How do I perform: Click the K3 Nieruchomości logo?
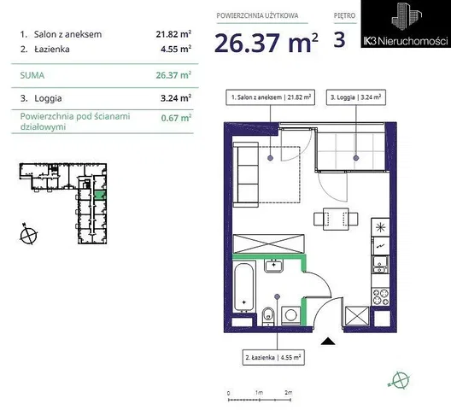point(406,24)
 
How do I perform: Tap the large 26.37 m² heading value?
point(266,43)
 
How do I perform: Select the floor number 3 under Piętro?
point(339,39)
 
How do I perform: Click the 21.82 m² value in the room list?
point(173,34)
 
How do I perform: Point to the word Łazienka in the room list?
point(52,50)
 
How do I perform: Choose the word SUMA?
point(32,75)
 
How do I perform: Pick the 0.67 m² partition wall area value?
point(176,118)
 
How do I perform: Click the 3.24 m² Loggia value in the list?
point(176,98)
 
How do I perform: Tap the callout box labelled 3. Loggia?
point(356,97)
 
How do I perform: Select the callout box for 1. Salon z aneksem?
point(271,97)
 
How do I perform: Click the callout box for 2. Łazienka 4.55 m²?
point(273,358)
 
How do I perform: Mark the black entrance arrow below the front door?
point(328,342)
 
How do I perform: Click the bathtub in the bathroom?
point(244,286)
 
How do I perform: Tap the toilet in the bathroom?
point(268,316)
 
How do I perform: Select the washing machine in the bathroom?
point(291,315)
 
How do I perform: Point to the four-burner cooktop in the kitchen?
point(381,297)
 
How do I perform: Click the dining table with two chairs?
point(336,219)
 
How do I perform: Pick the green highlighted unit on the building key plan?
point(100,195)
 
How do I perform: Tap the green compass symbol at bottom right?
point(400,379)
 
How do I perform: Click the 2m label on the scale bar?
point(288,392)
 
